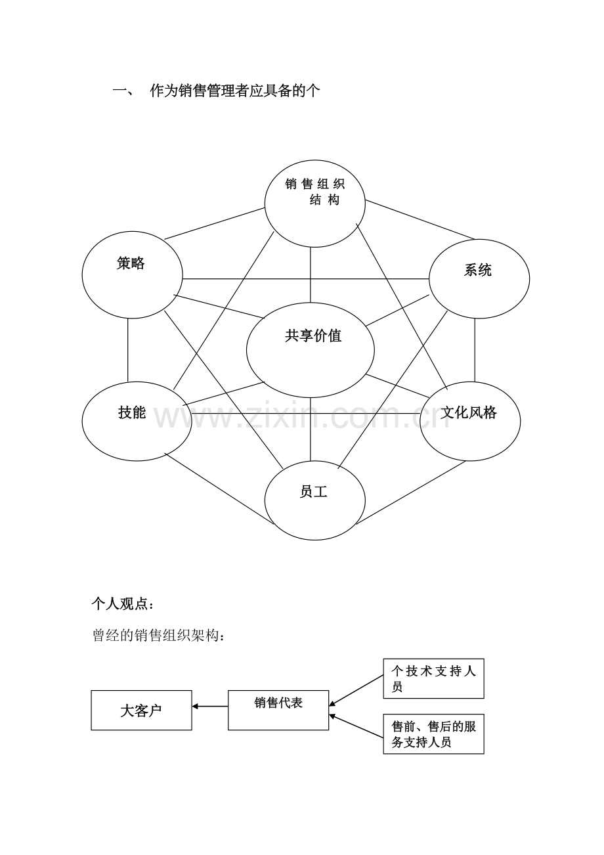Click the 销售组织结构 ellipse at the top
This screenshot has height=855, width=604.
point(314,204)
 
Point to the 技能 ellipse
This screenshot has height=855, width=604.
point(137,420)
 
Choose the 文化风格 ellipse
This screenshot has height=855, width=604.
point(470,420)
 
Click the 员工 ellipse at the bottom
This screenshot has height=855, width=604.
point(314,500)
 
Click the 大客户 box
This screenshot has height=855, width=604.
point(141,710)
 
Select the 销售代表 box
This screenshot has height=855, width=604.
point(278,709)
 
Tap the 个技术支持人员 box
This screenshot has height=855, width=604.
point(433,678)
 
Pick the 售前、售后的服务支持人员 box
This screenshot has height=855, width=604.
point(433,734)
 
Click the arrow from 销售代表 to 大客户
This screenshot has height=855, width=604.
point(210,707)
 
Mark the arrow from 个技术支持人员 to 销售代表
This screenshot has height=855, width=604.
point(356,690)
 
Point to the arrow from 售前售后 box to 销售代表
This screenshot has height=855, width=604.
point(356,727)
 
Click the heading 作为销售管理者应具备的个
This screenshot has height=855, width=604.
point(235,91)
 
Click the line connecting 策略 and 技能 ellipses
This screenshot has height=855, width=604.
point(128,349)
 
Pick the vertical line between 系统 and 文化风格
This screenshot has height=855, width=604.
point(475,349)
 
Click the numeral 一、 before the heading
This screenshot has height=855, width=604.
point(123,91)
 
